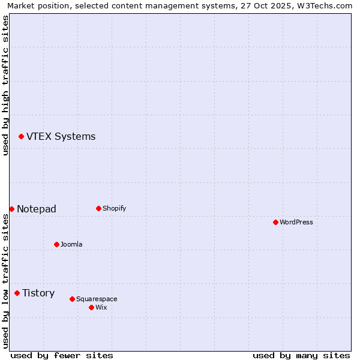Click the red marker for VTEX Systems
click(x=21, y=137)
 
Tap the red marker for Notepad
click(x=11, y=209)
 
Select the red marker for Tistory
click(x=17, y=293)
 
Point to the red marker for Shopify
click(x=98, y=208)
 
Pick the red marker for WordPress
click(x=275, y=222)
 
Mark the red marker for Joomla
click(x=56, y=244)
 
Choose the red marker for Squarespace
click(x=72, y=299)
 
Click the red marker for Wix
click(x=91, y=307)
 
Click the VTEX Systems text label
click(x=61, y=137)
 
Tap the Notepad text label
click(x=37, y=209)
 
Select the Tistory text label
click(x=38, y=293)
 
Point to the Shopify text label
click(x=114, y=208)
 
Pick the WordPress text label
click(x=296, y=222)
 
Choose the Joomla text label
click(x=71, y=244)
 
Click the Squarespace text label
click(x=97, y=299)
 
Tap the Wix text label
click(x=101, y=307)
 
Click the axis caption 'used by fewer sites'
click(x=62, y=355)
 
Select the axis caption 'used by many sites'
click(x=301, y=355)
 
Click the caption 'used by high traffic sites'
click(x=5, y=85)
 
